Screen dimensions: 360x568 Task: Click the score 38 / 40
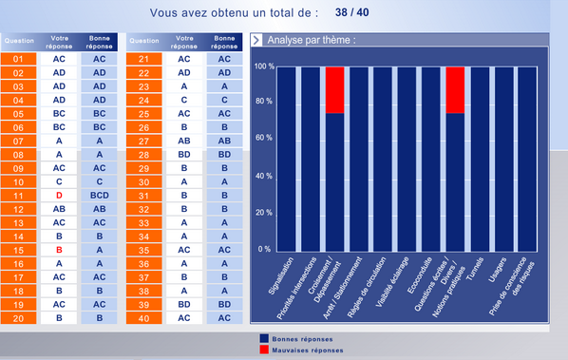(355, 13)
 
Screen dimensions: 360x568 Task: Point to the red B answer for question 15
(59, 250)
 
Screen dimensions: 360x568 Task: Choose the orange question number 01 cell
(19, 59)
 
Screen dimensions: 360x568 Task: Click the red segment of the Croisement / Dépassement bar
(334, 90)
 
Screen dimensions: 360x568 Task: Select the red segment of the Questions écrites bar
(455, 90)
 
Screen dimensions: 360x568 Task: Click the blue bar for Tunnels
(479, 158)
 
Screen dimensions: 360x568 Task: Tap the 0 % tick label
(266, 250)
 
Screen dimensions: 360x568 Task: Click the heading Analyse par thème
(312, 41)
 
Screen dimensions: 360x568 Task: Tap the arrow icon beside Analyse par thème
(256, 41)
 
